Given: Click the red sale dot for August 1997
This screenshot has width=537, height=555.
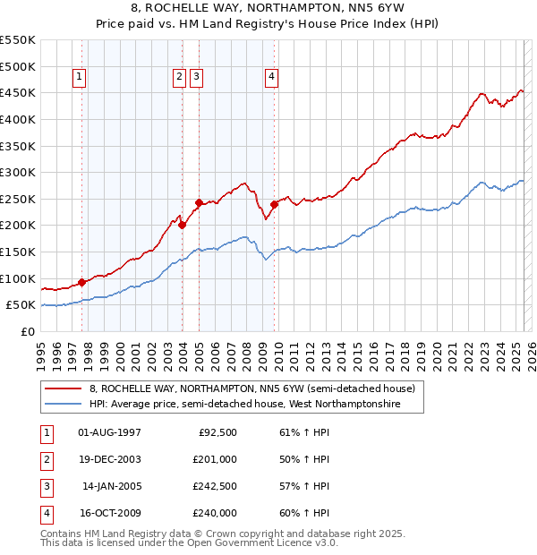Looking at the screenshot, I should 81,282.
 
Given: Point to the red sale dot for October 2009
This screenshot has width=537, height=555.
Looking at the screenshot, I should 275,204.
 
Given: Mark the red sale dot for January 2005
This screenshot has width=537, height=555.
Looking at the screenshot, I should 199,202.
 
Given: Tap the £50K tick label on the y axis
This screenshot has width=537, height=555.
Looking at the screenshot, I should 21,305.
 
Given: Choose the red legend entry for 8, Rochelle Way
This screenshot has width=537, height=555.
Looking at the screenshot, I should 251,389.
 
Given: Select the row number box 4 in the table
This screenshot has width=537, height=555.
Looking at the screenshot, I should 46,514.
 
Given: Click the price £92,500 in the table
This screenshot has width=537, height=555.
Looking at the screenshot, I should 217,432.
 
